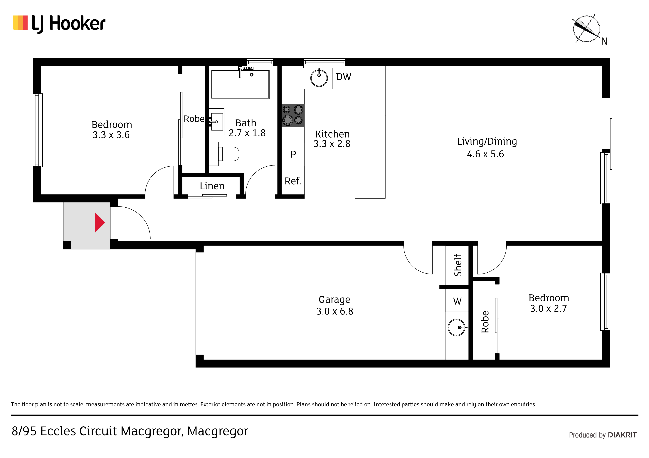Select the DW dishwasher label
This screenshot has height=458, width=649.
[x=343, y=77]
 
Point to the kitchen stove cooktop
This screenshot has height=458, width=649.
[x=293, y=115]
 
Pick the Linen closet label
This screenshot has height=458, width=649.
[x=212, y=186]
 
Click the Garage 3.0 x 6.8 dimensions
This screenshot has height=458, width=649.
[x=335, y=311]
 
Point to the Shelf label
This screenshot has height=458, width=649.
[x=458, y=265]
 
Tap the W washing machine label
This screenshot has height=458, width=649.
[x=457, y=301]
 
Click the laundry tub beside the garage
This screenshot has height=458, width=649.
[x=457, y=327]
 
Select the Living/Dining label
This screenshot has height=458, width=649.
[x=487, y=142]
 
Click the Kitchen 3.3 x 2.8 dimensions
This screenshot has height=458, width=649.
[x=332, y=144]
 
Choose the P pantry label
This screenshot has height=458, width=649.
[x=293, y=154]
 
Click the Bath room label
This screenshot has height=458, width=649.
[x=246, y=123]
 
